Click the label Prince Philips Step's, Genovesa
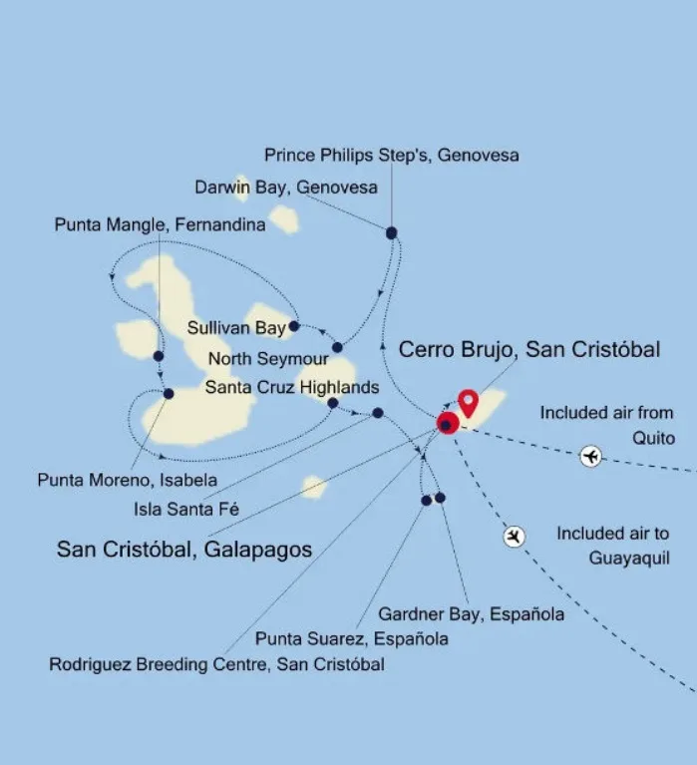pyautogui.click(x=391, y=156)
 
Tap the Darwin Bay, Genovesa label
pyautogui.click(x=286, y=188)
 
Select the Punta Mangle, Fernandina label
pyautogui.click(x=160, y=225)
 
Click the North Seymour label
pyautogui.click(x=268, y=358)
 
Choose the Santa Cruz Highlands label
pyautogui.click(x=291, y=387)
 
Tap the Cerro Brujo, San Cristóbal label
pyautogui.click(x=528, y=350)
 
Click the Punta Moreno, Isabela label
pyautogui.click(x=127, y=480)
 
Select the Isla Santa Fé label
pyautogui.click(x=186, y=510)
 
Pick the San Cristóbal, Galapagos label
pyautogui.click(x=184, y=550)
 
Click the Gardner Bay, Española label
pyautogui.click(x=471, y=614)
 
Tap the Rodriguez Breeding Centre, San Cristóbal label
pyautogui.click(x=216, y=664)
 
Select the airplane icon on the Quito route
pyautogui.click(x=591, y=457)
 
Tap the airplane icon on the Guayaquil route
pyautogui.click(x=515, y=538)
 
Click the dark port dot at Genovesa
pyautogui.click(x=391, y=233)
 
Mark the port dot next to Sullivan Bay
pyautogui.click(x=294, y=326)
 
